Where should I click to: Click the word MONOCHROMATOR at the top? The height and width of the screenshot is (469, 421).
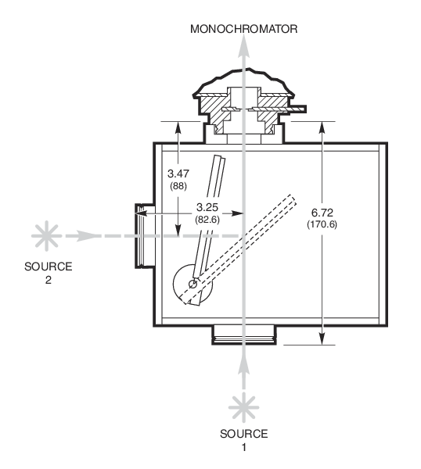(243, 29)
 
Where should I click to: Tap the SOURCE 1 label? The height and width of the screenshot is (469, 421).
(243, 440)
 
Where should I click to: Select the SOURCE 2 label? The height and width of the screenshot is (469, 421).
(49, 273)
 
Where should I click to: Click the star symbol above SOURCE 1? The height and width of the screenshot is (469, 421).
(243, 407)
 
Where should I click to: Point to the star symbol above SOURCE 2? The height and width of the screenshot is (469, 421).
(46, 236)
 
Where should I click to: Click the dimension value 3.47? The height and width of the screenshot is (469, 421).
(178, 174)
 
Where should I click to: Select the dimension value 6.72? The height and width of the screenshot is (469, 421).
(322, 213)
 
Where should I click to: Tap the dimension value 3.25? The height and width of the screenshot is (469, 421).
(207, 207)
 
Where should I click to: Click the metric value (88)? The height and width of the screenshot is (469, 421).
(178, 186)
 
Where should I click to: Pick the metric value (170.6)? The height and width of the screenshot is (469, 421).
(322, 224)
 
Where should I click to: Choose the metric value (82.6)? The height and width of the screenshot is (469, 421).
(207, 220)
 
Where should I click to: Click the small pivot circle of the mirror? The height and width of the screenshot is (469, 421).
(193, 284)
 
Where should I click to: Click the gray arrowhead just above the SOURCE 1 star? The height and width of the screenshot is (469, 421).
(243, 365)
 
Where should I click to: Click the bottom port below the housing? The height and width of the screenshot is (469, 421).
(244, 335)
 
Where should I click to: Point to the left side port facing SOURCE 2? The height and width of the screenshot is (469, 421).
(145, 236)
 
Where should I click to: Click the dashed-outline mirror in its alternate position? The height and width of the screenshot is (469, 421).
(239, 249)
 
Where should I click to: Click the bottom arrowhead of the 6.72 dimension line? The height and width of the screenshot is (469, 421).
(322, 339)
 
